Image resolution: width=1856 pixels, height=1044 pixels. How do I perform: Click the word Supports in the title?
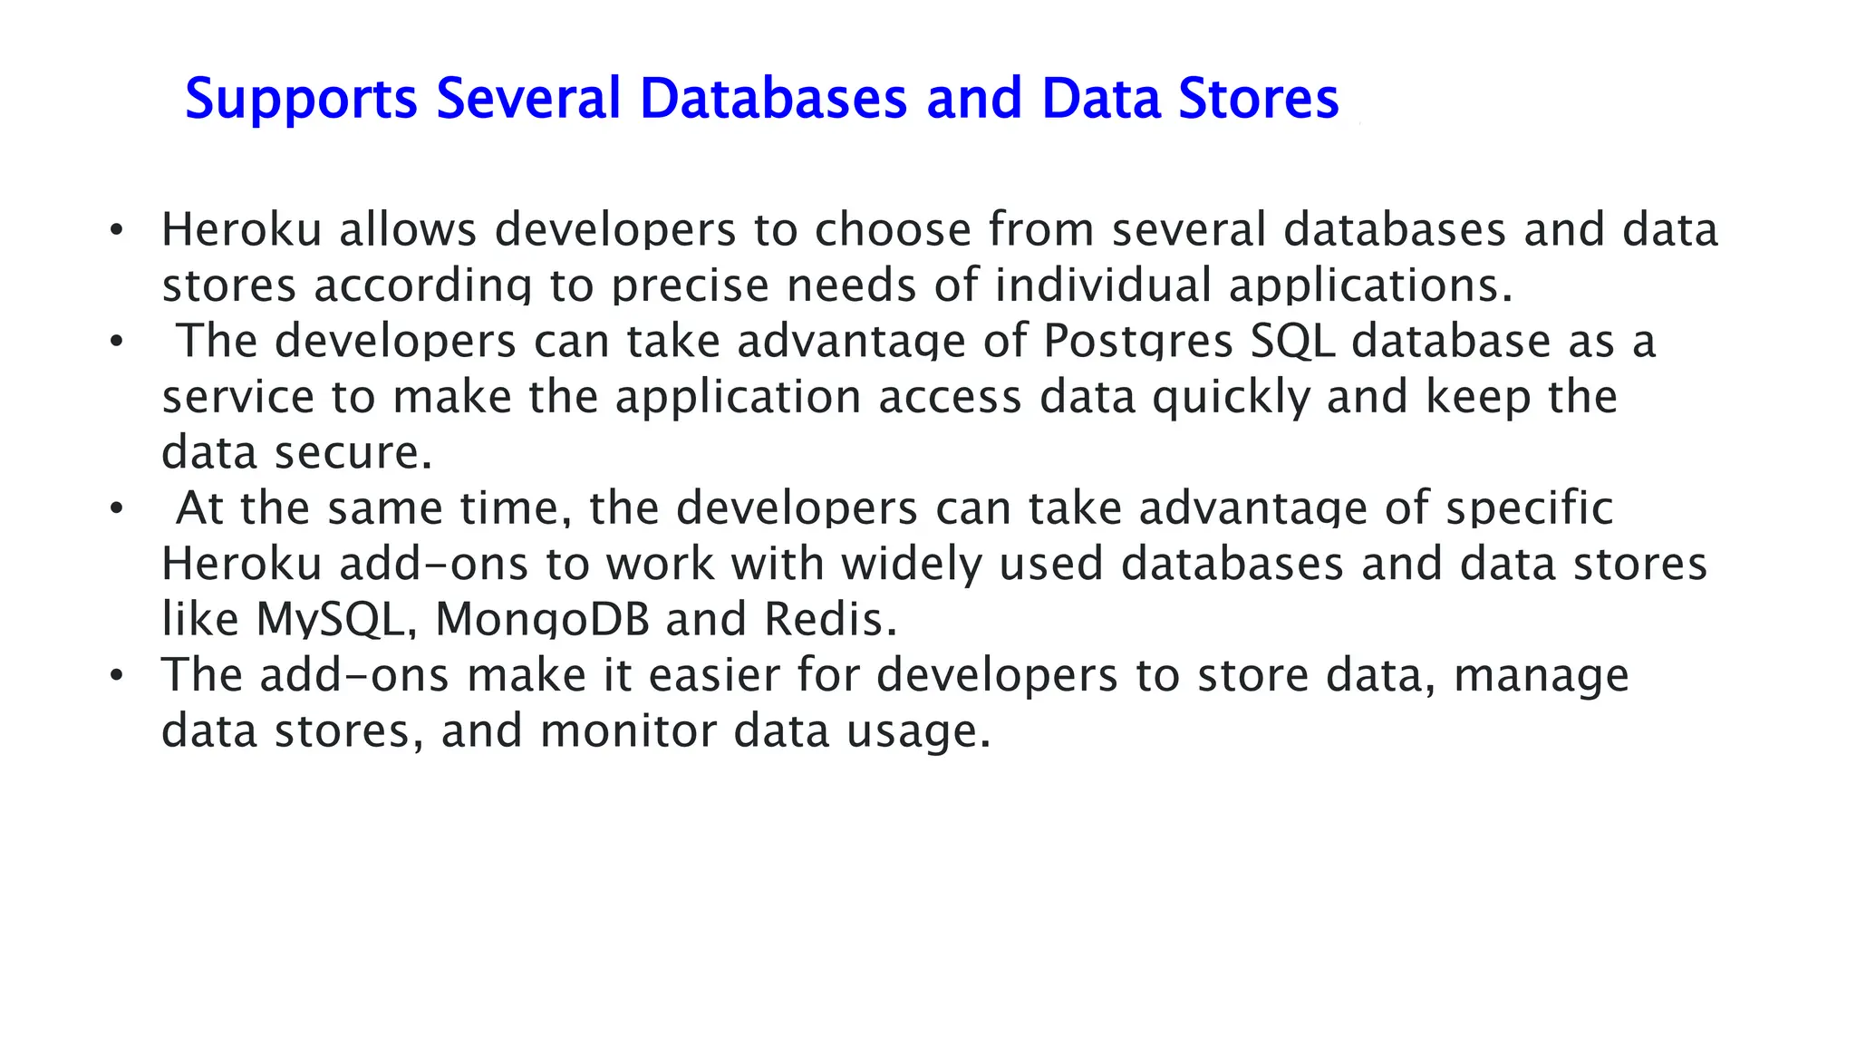pos(301,100)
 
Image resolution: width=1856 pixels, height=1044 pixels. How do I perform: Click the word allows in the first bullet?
pos(408,229)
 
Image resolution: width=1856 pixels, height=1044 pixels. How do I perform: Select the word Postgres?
pos(1137,343)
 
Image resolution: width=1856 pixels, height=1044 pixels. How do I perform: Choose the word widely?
pos(911,564)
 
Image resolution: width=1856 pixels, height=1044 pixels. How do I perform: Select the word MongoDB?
pos(542,620)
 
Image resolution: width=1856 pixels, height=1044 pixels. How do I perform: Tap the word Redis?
pos(829,620)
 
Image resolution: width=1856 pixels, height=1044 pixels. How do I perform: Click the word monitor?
pos(627,731)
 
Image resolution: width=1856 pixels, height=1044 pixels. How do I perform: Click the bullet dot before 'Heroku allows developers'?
pos(115,230)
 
